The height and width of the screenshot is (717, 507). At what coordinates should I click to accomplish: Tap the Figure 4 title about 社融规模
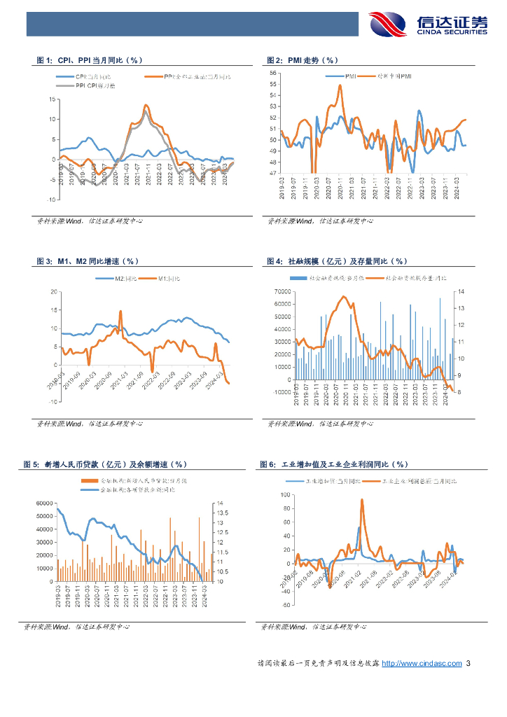point(338,261)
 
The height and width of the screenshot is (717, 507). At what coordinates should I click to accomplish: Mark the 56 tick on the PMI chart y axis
point(272,73)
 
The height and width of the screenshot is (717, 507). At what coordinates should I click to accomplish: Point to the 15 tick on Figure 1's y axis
point(51,99)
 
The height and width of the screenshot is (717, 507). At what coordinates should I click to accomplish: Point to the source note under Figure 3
point(90,424)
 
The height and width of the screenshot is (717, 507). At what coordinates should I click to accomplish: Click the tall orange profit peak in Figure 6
point(362,501)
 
